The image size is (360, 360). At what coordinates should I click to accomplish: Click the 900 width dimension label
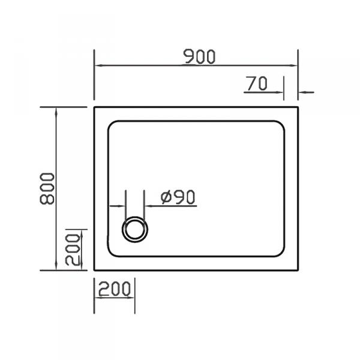coord(199,56)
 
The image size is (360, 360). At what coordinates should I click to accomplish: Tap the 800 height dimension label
coord(47,188)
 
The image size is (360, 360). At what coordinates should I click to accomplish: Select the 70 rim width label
coord(257,83)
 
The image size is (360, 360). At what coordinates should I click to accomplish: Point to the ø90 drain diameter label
coord(178,197)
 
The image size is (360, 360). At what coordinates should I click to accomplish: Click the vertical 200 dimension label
coord(73,250)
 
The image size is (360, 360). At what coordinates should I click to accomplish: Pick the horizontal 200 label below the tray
coord(115,289)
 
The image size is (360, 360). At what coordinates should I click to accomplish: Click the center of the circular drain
coord(135,229)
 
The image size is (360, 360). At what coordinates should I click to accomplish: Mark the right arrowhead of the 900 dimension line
coord(293,65)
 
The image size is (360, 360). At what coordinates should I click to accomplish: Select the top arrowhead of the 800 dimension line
coord(56,112)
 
